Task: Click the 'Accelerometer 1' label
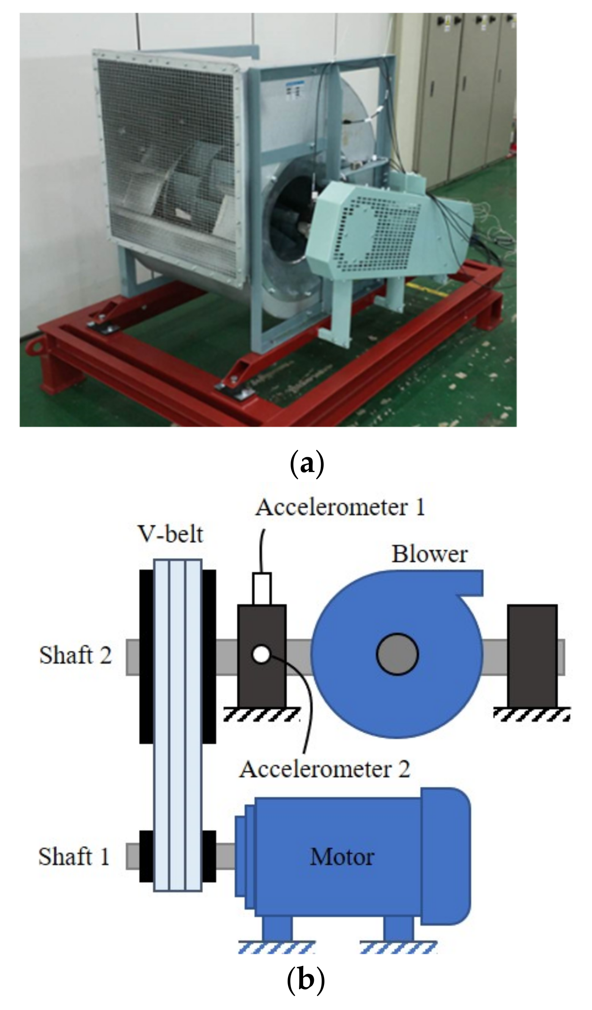340,507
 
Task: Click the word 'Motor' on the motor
342,857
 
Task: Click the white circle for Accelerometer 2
261,655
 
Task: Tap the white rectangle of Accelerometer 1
262,588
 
